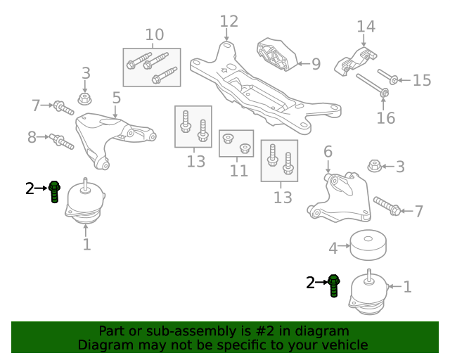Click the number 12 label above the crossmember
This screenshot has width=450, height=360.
[x=229, y=22]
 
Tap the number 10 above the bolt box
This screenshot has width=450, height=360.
[x=155, y=34]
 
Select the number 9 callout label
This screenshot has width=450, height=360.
[x=316, y=64]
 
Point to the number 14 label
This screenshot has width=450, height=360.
[x=366, y=27]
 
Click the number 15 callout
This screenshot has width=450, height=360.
[x=422, y=80]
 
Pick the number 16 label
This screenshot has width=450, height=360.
[x=386, y=118]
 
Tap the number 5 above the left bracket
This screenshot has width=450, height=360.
[x=117, y=98]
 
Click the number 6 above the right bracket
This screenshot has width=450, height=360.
[x=328, y=152]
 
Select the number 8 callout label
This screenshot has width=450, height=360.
[x=32, y=137]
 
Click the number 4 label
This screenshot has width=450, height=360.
[x=333, y=249]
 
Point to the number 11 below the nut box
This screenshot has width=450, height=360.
[x=239, y=171]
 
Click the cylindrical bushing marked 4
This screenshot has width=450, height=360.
[x=368, y=245]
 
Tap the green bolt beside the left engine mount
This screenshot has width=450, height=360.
[x=54, y=192]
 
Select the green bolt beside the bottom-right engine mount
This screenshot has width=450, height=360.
[x=334, y=285]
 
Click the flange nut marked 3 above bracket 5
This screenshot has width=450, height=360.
[x=84, y=98]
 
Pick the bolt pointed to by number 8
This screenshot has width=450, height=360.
[x=61, y=141]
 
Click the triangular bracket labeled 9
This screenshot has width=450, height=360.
[x=276, y=55]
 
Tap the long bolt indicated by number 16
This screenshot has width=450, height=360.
[x=372, y=85]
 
